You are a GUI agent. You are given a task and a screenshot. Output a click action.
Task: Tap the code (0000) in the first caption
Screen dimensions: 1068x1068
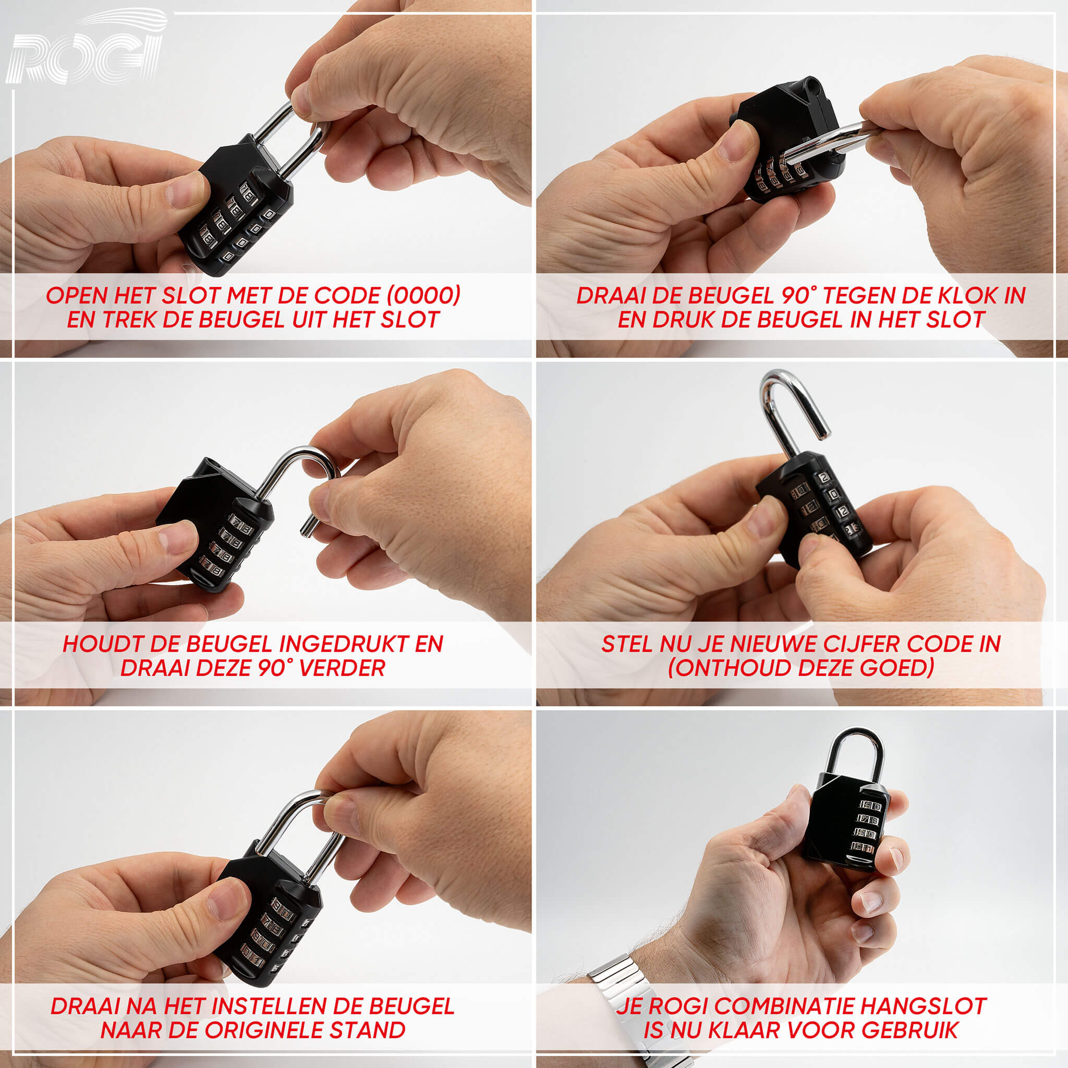(423, 296)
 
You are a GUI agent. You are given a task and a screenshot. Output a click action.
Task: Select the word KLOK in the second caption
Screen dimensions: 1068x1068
(952, 296)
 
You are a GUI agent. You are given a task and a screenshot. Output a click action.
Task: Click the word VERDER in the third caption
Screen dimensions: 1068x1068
(341, 669)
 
